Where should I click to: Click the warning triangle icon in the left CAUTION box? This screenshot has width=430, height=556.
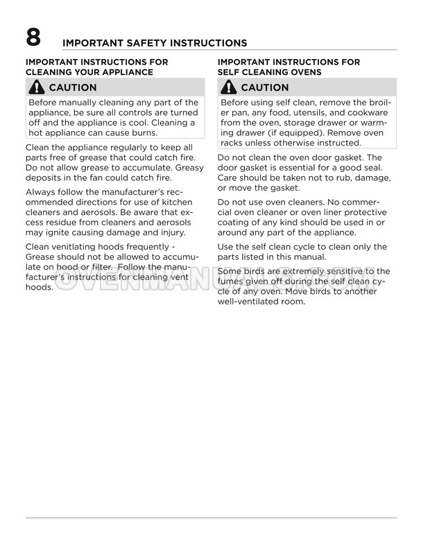pyautogui.click(x=36, y=88)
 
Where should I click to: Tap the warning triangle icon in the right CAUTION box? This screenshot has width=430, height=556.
pyautogui.click(x=228, y=88)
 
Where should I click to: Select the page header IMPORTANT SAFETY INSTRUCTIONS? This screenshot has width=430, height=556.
pyautogui.click(x=155, y=43)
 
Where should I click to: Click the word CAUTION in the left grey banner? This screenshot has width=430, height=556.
pyautogui.click(x=72, y=88)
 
